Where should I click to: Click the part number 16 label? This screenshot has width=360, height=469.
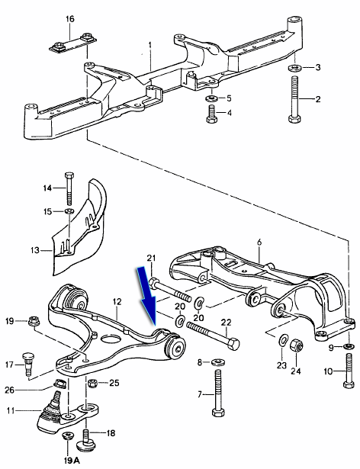pos(69,19)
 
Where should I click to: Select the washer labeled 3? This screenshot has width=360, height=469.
pos(294,67)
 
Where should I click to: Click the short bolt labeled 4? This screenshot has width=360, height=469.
pos(211,114)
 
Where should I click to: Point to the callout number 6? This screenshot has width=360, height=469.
pos(259,243)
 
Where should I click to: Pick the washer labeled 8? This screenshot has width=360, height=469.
pos(218,362)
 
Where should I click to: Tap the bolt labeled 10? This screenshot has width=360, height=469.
pos(349,371)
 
